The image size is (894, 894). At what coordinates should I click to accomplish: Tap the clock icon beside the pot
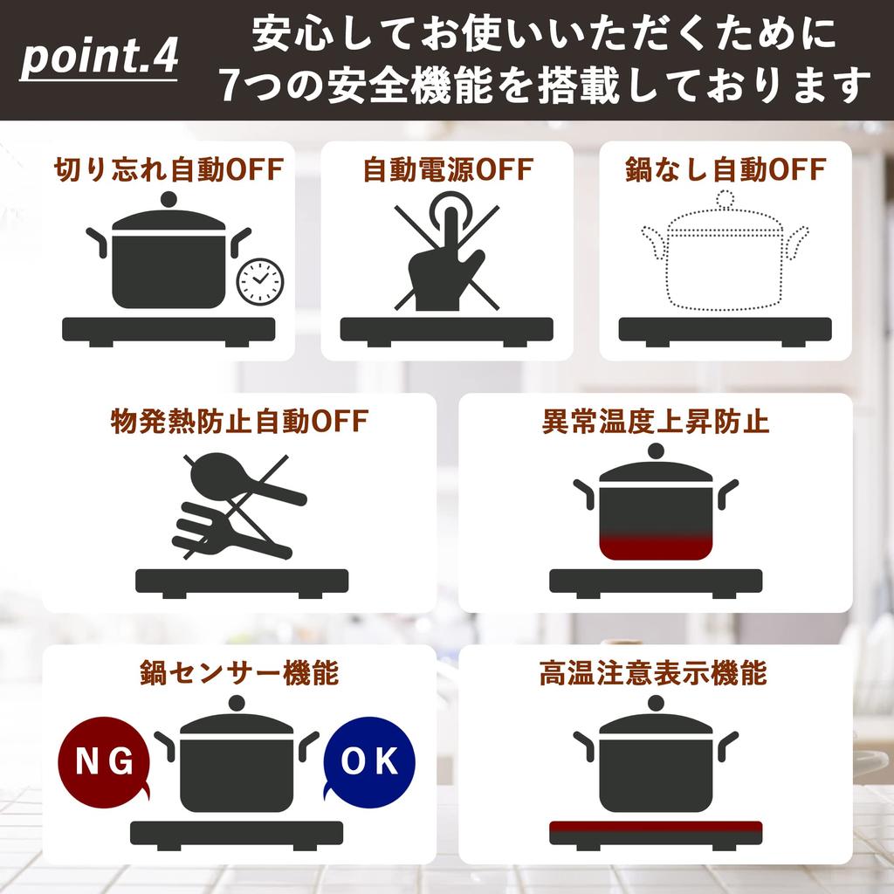260,281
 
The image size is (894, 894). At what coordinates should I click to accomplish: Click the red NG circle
103,761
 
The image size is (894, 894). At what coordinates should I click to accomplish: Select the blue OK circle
368,761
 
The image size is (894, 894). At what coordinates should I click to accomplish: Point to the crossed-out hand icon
445,258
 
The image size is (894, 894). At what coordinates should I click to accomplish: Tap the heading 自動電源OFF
446,169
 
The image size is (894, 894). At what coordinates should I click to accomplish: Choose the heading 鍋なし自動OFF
725,169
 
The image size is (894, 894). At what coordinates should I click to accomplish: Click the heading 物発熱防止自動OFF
239,423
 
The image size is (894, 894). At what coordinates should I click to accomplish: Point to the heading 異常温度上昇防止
655,423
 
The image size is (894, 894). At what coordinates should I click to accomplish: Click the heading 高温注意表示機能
655,674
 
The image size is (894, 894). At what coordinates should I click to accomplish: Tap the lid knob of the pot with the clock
168,199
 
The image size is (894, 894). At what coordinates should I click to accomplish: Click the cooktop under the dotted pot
725,330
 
